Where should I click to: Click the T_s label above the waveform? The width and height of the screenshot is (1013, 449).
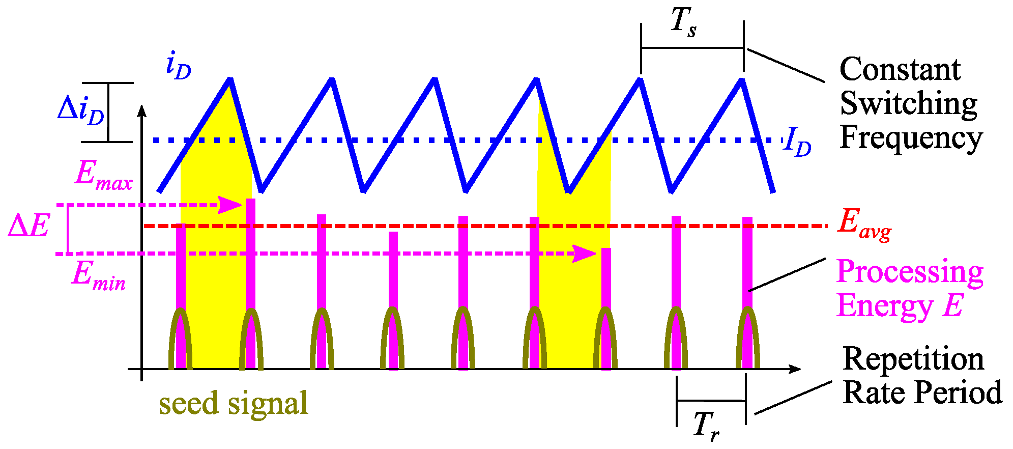[x=683, y=23]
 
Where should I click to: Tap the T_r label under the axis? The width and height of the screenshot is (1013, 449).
[x=706, y=425]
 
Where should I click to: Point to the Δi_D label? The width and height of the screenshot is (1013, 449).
[x=80, y=110]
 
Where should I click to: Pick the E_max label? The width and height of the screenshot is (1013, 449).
[x=103, y=176]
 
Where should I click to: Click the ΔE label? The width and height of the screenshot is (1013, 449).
[x=29, y=226]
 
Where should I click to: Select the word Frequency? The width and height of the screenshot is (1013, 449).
[x=911, y=137]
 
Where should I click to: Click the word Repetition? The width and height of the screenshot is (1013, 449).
[x=913, y=359]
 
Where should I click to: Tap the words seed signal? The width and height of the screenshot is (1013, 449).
[x=234, y=403]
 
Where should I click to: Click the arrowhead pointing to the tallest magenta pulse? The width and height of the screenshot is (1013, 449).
[x=232, y=205]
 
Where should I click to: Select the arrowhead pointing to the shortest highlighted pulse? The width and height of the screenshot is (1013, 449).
[x=585, y=253]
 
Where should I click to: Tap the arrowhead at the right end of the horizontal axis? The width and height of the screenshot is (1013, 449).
[x=794, y=368]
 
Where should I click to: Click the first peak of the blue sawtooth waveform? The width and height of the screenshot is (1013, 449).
[x=230, y=79]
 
